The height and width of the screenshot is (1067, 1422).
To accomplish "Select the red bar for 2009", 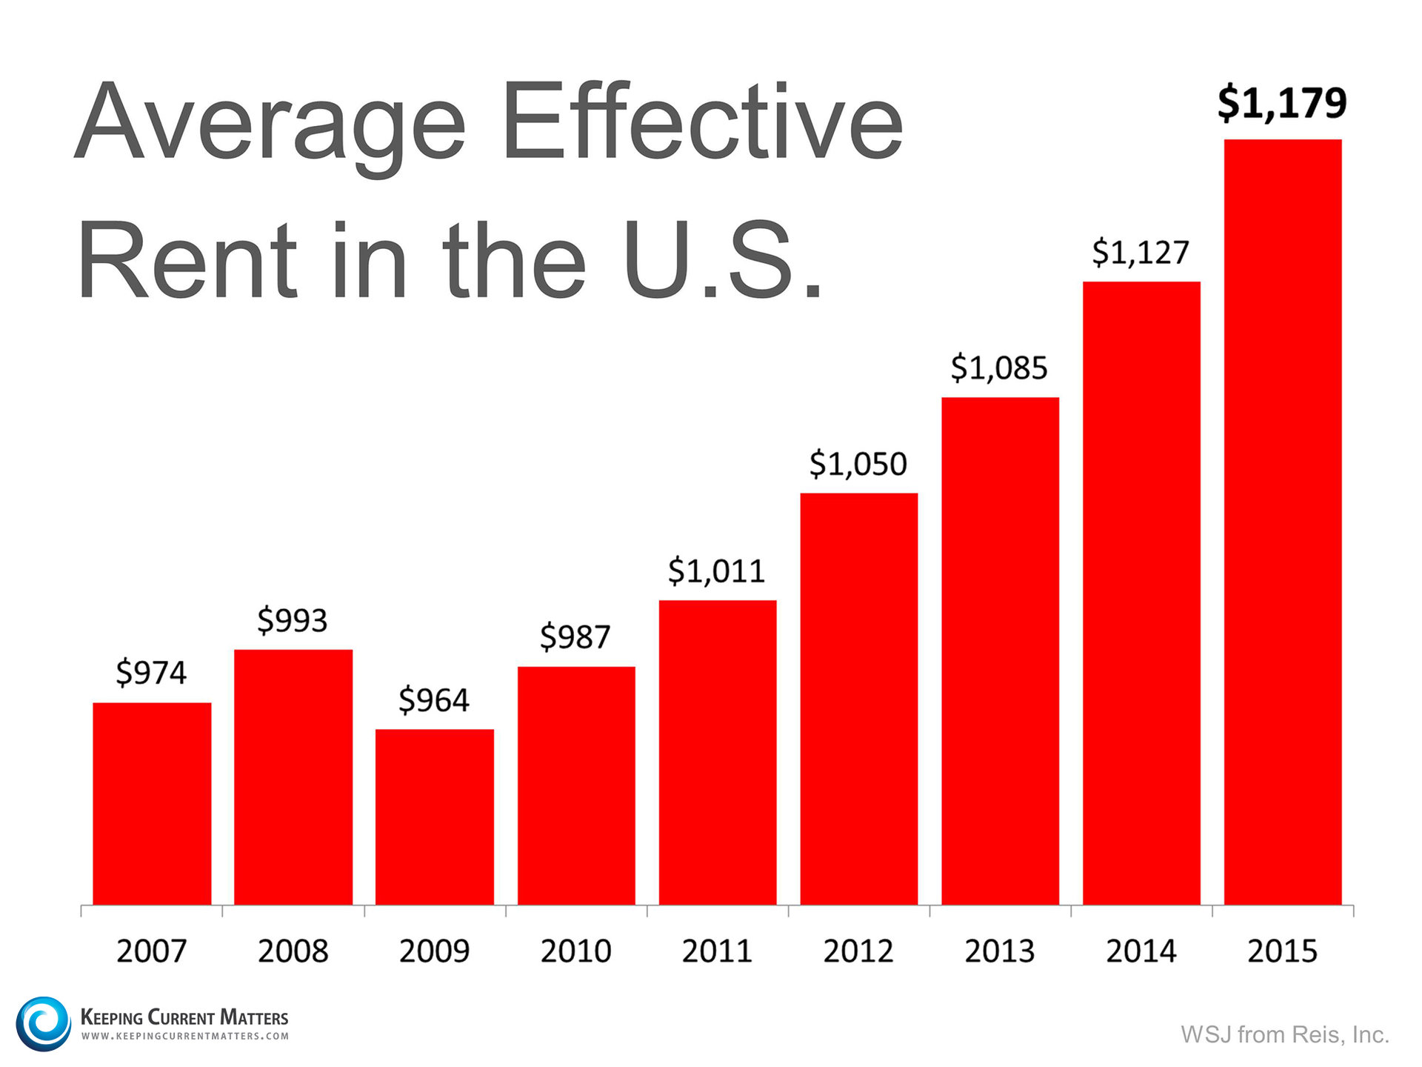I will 434,817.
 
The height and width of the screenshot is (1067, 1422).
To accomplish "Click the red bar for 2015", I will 1282,522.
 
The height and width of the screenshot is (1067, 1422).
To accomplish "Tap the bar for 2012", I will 858,698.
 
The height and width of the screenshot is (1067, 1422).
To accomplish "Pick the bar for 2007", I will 152,803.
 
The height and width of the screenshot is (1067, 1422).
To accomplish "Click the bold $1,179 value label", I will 1281,103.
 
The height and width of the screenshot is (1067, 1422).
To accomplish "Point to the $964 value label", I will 434,700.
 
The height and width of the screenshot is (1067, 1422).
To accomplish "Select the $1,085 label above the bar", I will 999,368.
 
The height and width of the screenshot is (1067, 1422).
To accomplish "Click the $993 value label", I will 293,620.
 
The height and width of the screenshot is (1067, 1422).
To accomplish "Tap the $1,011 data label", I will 716,571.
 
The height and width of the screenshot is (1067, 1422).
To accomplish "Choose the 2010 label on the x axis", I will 575,951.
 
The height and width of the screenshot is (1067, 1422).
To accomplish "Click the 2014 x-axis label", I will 1141,951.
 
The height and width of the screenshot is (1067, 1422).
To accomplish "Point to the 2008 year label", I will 293,951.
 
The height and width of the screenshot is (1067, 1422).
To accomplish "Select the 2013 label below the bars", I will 999,951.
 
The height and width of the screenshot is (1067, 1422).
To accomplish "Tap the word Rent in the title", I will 187,261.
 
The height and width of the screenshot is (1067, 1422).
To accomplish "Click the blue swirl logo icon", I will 43,1023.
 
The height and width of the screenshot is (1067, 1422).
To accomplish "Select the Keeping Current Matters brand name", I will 184,1017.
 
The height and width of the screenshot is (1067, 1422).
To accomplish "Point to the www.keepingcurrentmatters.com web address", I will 184,1036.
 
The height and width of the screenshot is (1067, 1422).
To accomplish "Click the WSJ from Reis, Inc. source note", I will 1284,1034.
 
